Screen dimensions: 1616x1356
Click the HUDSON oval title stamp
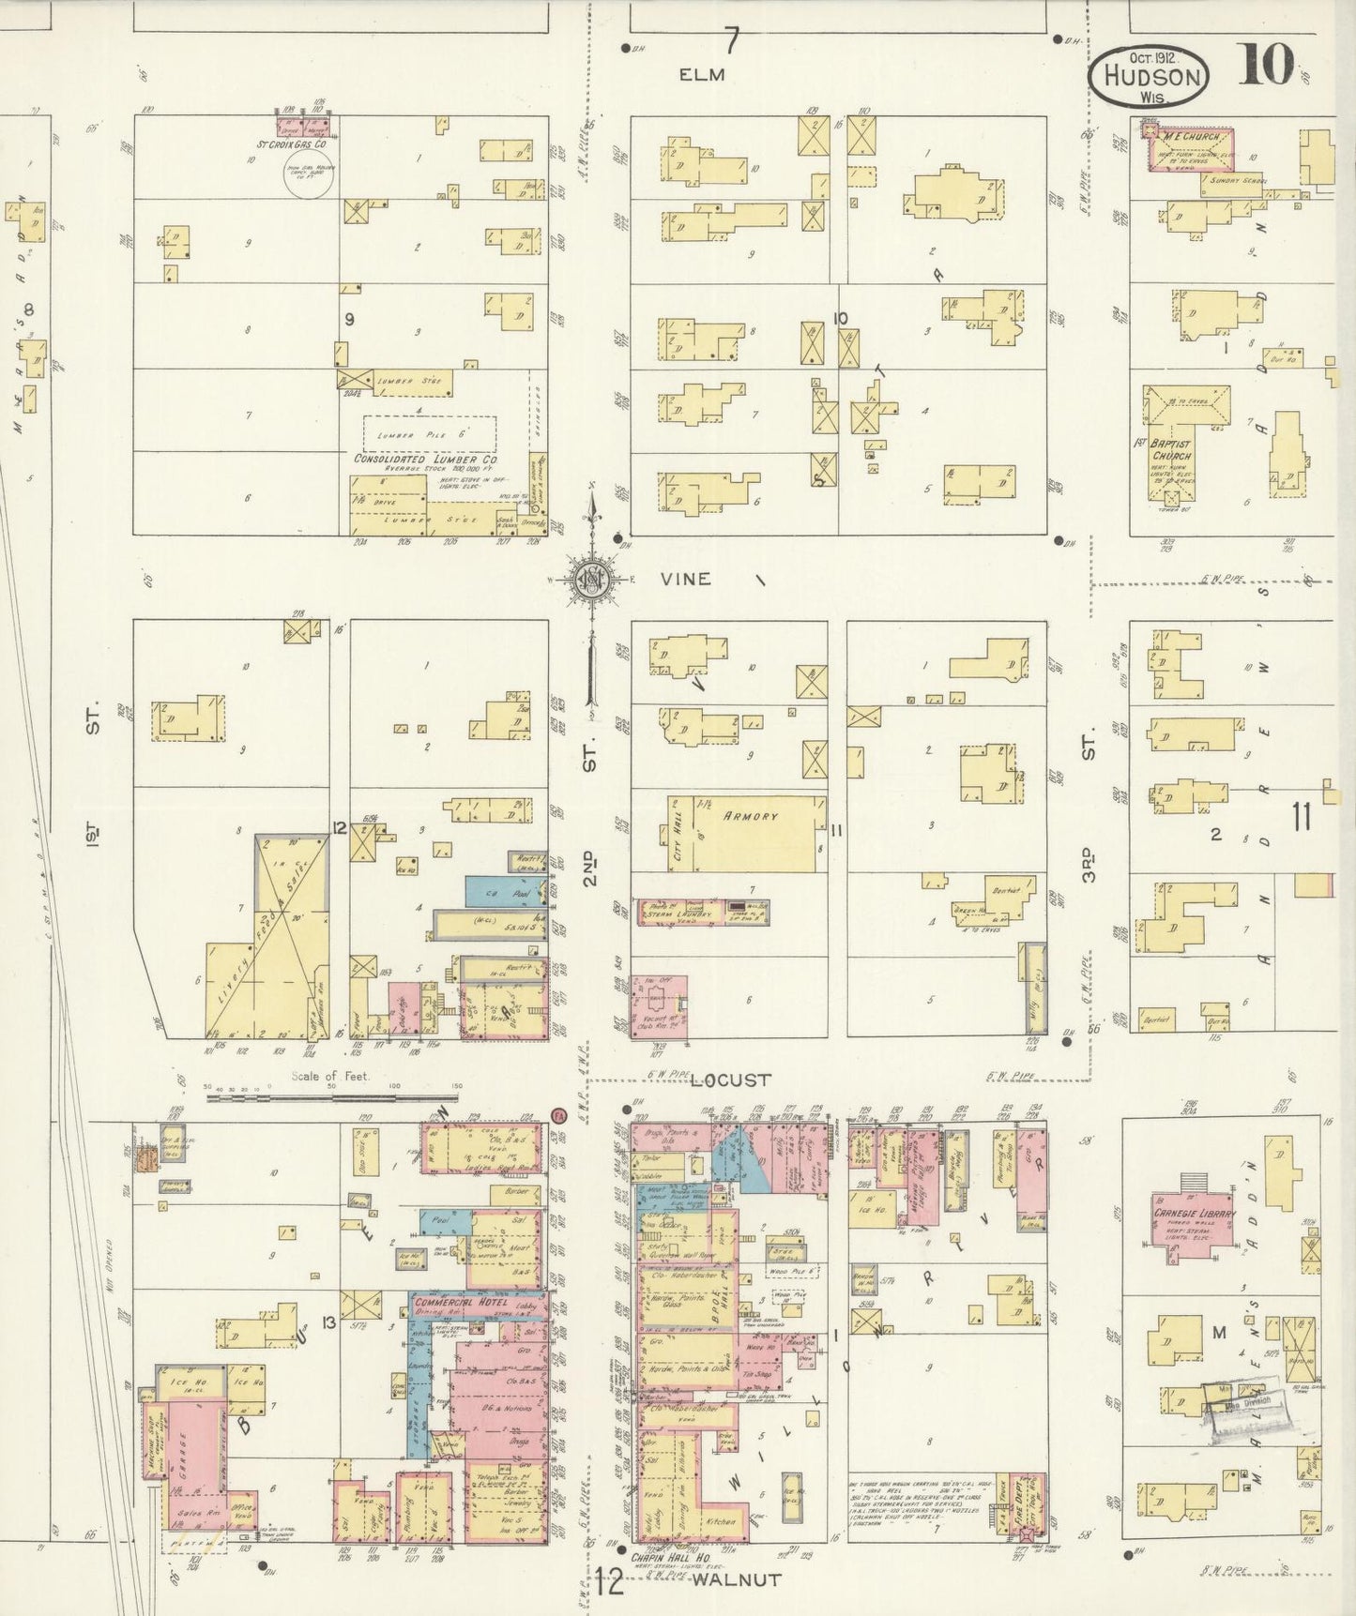click(x=1149, y=75)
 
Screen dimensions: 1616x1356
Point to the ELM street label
click(x=702, y=75)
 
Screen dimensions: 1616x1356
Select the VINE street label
click(x=685, y=580)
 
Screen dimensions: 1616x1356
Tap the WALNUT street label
click(x=737, y=1579)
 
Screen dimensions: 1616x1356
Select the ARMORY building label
click(x=750, y=816)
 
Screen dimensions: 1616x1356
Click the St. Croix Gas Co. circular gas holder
click(x=308, y=175)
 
